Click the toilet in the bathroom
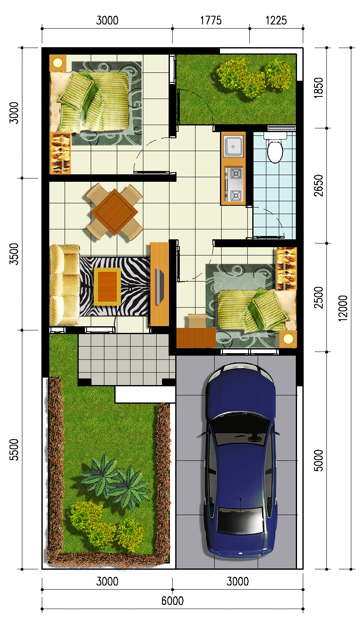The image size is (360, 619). [x=275, y=147]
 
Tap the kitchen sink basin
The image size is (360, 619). [x=233, y=146]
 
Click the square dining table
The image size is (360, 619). [x=114, y=212]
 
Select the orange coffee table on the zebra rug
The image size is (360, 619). [x=107, y=287]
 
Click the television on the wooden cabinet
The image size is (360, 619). [x=160, y=286]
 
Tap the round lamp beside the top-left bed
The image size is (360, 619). [x=58, y=63]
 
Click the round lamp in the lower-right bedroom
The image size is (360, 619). [x=288, y=339]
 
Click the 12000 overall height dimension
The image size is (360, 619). [x=343, y=308]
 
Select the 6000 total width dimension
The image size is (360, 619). [x=172, y=601]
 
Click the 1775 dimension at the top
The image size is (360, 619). [x=211, y=20]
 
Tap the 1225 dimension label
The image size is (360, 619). [x=276, y=20]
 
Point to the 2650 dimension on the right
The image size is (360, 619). [x=319, y=185]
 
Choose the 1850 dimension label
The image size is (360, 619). [x=319, y=88]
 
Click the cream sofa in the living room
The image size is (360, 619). [x=65, y=285]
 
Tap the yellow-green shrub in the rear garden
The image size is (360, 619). [x=254, y=77]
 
